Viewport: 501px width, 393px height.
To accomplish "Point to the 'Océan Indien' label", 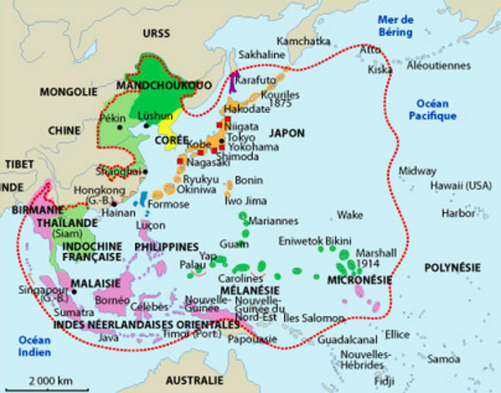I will [x=34, y=341].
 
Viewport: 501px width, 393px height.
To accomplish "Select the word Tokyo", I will [x=241, y=138].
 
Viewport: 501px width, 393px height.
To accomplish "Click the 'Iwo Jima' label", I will [x=246, y=200].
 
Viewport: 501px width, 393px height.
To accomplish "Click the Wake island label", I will [x=350, y=215].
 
